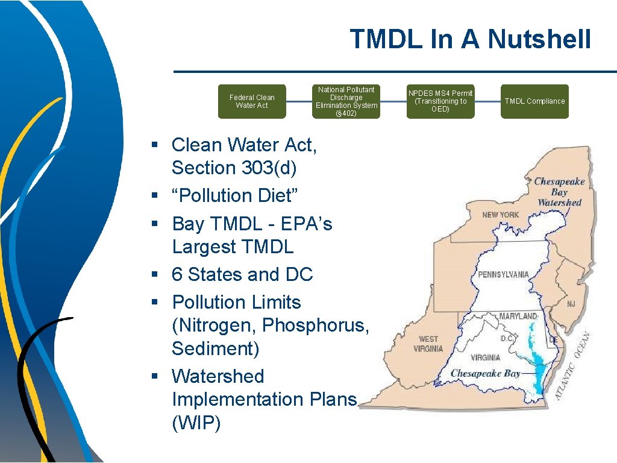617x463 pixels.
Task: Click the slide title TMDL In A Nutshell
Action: (470, 40)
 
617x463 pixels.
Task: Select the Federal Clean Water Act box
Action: (252, 101)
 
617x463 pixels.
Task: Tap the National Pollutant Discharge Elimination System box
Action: (346, 101)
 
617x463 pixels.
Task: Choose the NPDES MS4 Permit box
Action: (440, 101)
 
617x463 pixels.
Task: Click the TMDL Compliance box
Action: (534, 101)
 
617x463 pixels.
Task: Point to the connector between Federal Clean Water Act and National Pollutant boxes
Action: (299, 101)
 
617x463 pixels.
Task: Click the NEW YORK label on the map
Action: (500, 215)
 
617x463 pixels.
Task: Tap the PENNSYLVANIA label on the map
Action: (503, 274)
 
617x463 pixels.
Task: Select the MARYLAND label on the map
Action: (518, 316)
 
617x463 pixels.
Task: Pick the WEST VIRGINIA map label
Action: (428, 344)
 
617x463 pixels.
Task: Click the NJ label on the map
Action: (571, 304)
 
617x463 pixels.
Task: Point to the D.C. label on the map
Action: (507, 339)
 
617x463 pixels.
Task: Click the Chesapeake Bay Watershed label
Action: (559, 192)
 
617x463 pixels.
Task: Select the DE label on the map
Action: (553, 341)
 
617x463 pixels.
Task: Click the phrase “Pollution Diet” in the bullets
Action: (236, 196)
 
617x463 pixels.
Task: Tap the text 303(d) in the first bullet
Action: (269, 168)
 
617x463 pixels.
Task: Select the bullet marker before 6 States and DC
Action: (155, 275)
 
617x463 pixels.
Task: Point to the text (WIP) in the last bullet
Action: (196, 423)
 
